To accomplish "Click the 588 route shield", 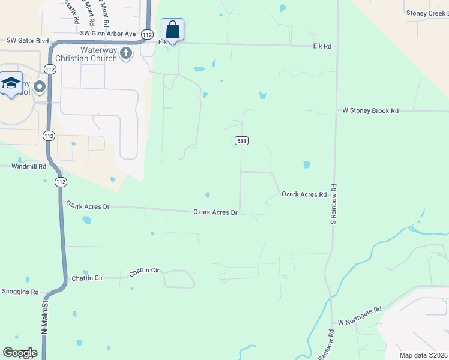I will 241,140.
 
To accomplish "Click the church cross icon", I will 126,53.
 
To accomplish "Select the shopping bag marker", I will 172,29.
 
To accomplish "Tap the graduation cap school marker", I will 10,83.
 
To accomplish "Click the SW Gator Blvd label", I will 27,41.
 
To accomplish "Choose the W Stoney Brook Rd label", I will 370,110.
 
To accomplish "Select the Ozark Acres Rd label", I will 304,194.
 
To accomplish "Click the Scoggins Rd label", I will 19,292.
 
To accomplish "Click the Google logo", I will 20,353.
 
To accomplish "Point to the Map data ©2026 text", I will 423,355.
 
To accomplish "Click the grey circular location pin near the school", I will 40,87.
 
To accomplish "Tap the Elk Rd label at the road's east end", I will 322,46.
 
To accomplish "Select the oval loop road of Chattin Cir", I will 179,279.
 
